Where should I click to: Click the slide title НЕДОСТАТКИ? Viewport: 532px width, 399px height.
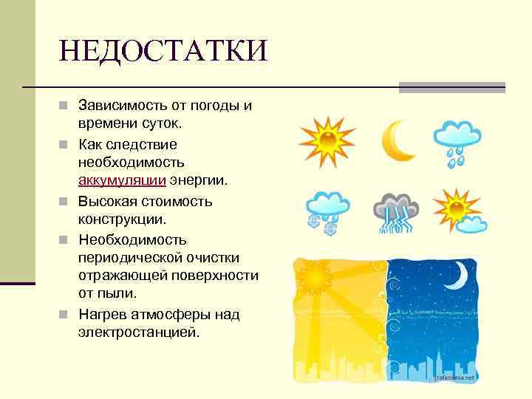163,52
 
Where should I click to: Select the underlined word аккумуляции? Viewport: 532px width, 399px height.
122,181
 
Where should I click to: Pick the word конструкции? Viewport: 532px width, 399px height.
122,220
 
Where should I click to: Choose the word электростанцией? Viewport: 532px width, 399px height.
138,332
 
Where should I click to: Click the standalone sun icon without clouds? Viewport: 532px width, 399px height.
326,139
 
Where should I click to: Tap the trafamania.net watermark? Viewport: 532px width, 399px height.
454,377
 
